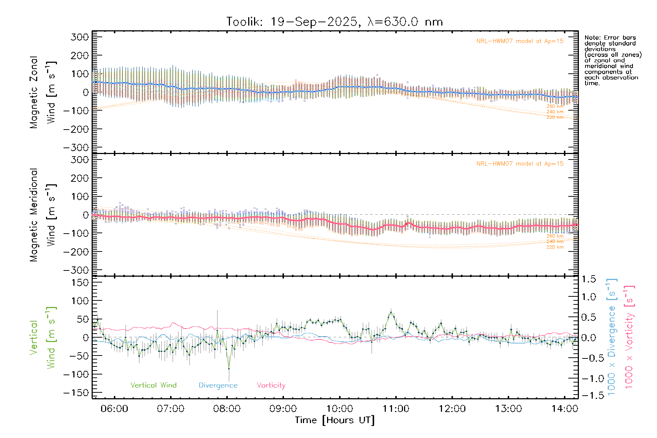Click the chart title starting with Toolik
click(x=334, y=22)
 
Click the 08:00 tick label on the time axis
click(x=227, y=409)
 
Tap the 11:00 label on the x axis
click(x=396, y=409)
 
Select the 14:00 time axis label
click(x=564, y=409)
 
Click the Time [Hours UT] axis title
click(x=335, y=420)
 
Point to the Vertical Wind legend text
click(x=153, y=385)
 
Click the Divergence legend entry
click(x=218, y=385)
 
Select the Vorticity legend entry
click(x=271, y=385)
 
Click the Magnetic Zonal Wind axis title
click(x=42, y=92)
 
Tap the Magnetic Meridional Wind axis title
click(x=42, y=215)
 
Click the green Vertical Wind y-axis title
click(x=42, y=338)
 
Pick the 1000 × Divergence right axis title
click(x=612, y=338)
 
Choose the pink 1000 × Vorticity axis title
click(x=629, y=338)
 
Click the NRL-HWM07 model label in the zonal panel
click(x=520, y=41)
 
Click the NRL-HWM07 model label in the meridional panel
click(x=520, y=164)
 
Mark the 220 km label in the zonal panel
click(x=555, y=118)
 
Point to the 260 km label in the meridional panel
click(x=555, y=236)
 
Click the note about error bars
click(x=612, y=60)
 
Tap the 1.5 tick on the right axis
click(x=588, y=279)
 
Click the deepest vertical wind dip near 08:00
click(x=229, y=369)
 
